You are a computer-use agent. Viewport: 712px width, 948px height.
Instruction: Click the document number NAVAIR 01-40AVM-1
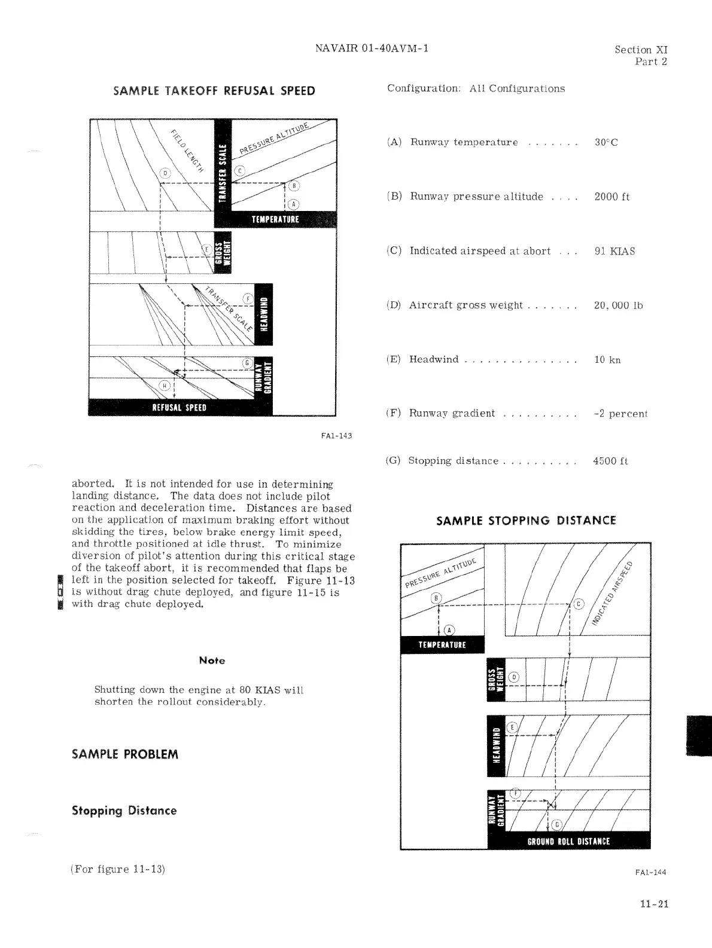(372, 48)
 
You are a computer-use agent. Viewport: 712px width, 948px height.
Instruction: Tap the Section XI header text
(641, 50)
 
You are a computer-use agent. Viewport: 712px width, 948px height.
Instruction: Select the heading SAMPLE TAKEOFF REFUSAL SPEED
(214, 91)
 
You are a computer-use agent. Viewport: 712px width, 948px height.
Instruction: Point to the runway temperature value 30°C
(606, 142)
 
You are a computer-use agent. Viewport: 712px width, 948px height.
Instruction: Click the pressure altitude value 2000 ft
(612, 197)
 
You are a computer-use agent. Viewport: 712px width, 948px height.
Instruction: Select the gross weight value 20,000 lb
(618, 305)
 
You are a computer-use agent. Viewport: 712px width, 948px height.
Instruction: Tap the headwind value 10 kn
(607, 360)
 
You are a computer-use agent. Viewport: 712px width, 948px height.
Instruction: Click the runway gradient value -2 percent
(621, 414)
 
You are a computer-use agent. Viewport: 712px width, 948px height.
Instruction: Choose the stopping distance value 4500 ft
(610, 461)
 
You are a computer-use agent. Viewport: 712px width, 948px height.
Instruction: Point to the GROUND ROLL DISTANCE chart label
(568, 842)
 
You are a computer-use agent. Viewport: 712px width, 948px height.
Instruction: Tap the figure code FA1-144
(650, 872)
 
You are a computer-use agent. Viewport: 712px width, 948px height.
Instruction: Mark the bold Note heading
(212, 660)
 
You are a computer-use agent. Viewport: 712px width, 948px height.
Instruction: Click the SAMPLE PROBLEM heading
(125, 754)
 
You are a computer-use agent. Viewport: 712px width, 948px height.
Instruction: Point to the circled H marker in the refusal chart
(164, 386)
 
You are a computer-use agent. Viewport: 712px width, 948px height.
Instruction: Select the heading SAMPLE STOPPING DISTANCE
(526, 521)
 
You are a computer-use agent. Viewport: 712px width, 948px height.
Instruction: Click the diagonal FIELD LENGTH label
(187, 150)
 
